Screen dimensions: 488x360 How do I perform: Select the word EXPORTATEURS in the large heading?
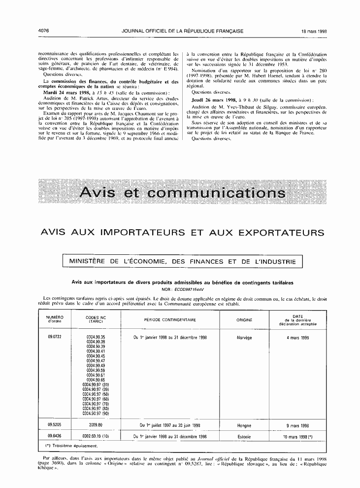click(x=277, y=233)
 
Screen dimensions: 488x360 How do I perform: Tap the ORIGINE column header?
click(x=244, y=319)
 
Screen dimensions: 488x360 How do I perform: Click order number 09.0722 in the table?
click(x=54, y=337)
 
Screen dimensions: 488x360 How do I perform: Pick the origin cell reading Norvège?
click(x=244, y=338)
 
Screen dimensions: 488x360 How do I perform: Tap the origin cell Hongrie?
click(x=244, y=425)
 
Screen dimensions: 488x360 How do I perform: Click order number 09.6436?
click(x=54, y=436)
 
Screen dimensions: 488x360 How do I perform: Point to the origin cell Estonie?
click(x=244, y=436)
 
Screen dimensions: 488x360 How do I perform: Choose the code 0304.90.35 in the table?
click(x=96, y=337)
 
